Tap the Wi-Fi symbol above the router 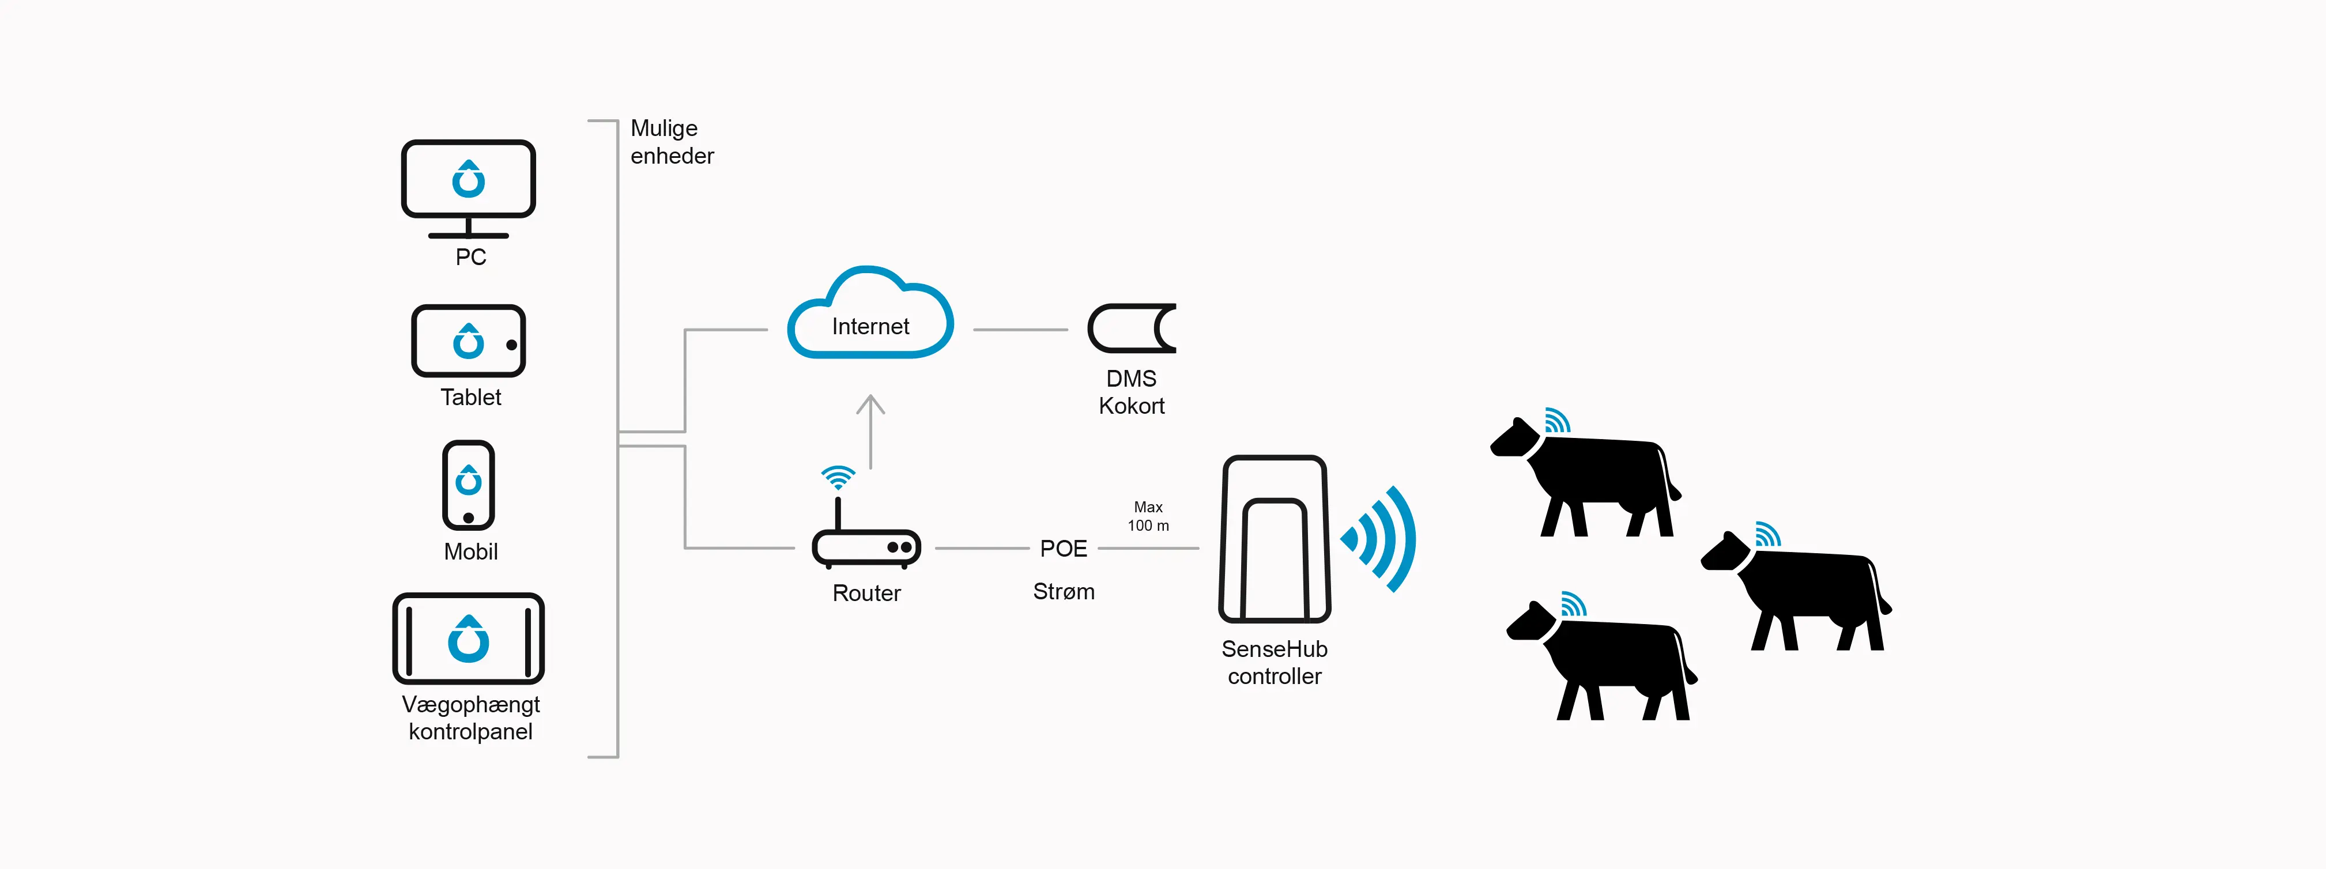tap(838, 477)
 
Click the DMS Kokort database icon tap(1132, 328)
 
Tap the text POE tap(1063, 549)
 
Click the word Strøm tap(1063, 592)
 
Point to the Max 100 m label tap(1148, 516)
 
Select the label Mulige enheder tap(671, 142)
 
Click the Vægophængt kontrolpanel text tap(470, 717)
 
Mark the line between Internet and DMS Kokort tap(1020, 330)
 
